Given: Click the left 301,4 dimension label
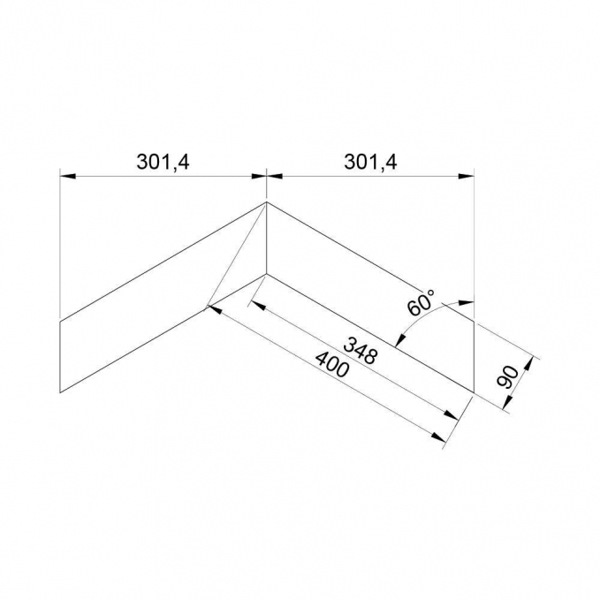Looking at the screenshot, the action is point(163,163).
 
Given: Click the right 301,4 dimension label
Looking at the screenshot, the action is point(371,163).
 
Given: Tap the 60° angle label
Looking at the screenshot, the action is point(422,302).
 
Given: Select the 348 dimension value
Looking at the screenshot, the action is point(361,350).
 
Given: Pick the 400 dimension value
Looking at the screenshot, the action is point(331,364).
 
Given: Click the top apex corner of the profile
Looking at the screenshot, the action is point(266,202).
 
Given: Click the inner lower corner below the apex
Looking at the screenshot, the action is point(266,274).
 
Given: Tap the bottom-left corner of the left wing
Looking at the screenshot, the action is point(60,392).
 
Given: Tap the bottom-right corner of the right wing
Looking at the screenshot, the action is point(475,392).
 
